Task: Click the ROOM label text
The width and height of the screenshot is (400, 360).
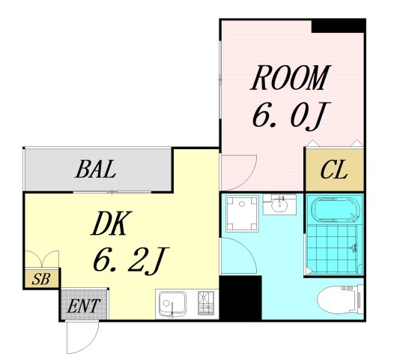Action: [x=291, y=78]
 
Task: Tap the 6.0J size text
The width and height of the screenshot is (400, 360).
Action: [x=291, y=116]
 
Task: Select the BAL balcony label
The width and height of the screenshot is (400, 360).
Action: [x=96, y=169]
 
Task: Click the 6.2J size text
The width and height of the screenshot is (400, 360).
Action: [x=131, y=260]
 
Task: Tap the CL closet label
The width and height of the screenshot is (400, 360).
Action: [x=334, y=169]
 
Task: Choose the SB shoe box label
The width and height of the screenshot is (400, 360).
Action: [x=40, y=279]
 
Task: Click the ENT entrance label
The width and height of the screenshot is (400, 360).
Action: [x=83, y=306]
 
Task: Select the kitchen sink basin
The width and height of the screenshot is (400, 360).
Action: [x=172, y=303]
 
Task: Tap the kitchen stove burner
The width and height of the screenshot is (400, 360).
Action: [x=206, y=303]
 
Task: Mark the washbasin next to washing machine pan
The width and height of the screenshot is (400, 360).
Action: [x=279, y=205]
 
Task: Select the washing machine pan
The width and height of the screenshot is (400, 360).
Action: [x=242, y=214]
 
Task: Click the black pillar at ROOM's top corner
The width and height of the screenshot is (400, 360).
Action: [x=339, y=26]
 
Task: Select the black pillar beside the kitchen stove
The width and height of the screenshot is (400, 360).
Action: [x=240, y=298]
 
